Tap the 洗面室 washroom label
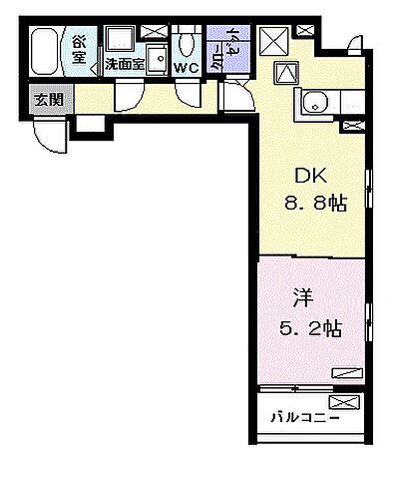(x=125, y=67)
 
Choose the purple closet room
(x=219, y=48)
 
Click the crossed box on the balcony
(x=342, y=402)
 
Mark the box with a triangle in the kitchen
(x=285, y=71)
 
